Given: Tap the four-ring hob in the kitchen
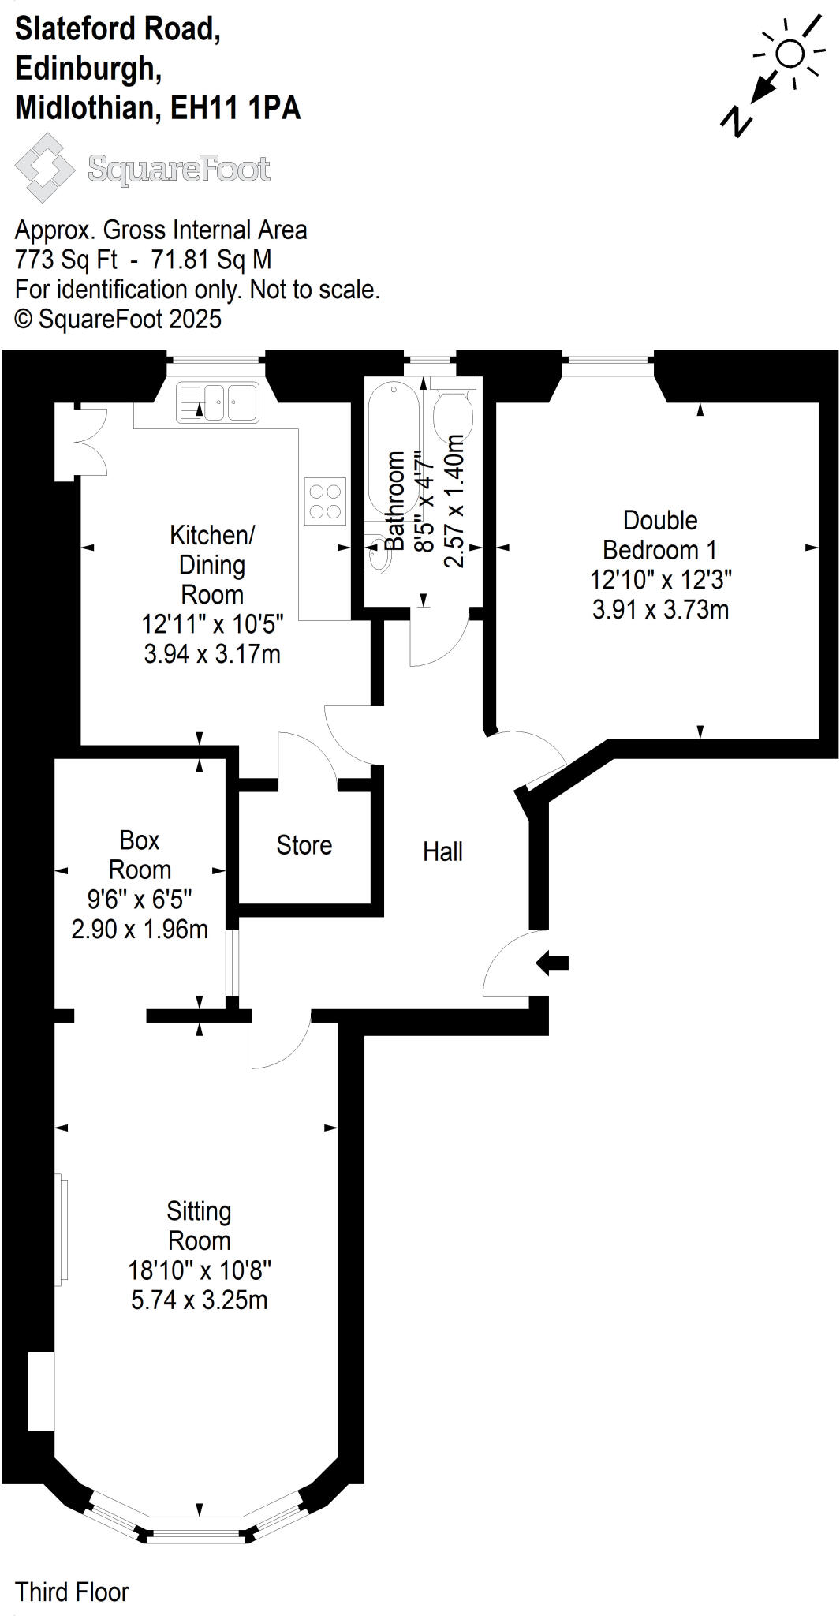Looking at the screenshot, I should coord(325,501).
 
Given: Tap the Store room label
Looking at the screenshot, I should coord(304,846).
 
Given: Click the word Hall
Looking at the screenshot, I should coord(442,852).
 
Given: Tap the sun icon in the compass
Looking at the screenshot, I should coord(790,54).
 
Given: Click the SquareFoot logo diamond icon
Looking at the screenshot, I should coord(45,167).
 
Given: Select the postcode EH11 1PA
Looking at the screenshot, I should coord(235,108).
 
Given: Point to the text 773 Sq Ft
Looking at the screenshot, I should coord(66,260).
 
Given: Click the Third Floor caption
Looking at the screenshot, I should coord(72,1592).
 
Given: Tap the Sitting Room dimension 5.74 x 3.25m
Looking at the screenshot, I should coord(200,1300).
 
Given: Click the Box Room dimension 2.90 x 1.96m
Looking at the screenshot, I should coord(140,930).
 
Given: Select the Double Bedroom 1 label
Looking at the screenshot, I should coord(660,535).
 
